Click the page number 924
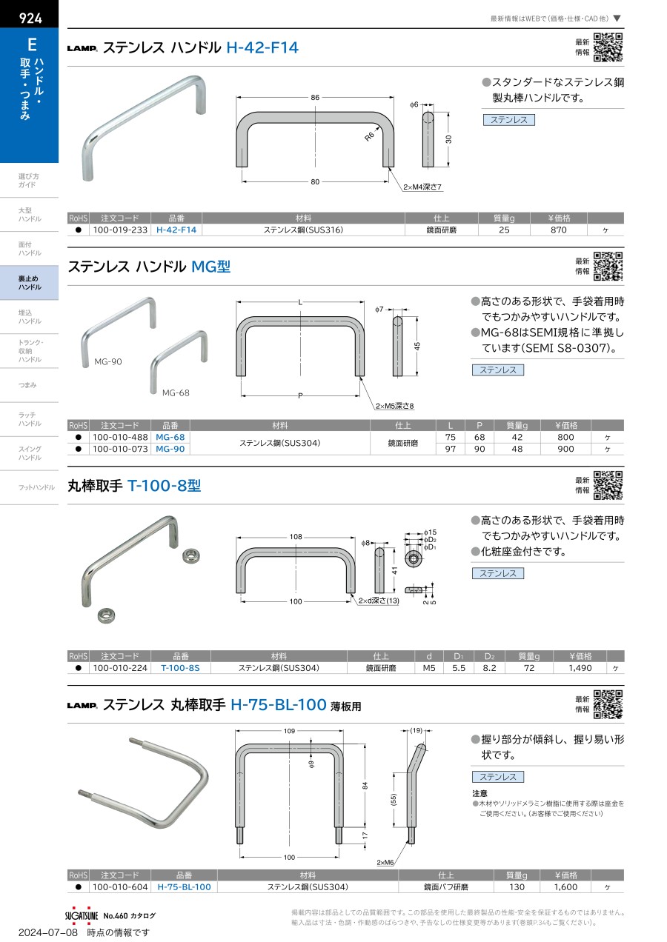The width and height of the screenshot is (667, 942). click(30, 18)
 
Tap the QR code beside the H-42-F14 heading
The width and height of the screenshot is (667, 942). click(608, 47)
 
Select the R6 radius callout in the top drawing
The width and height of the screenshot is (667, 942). click(369, 136)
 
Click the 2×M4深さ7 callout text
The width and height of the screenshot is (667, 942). click(422, 187)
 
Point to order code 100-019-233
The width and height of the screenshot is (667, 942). click(120, 230)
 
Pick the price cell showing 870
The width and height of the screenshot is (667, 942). click(559, 230)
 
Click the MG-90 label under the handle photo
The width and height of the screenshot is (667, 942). click(108, 361)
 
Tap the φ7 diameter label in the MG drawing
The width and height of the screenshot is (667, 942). click(379, 310)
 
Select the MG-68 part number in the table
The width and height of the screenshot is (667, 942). click(170, 438)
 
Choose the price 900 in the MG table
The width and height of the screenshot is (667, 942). click(565, 449)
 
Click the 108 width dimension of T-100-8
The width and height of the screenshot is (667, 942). click(296, 537)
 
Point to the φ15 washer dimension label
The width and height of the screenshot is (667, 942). click(430, 532)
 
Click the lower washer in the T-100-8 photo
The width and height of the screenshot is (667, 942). click(107, 615)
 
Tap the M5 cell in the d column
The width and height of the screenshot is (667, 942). click(429, 668)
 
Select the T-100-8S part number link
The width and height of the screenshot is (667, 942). click(180, 668)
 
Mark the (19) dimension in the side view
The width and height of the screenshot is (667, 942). click(417, 730)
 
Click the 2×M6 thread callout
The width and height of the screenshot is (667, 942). click(385, 863)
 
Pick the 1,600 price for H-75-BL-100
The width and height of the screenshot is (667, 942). click(565, 887)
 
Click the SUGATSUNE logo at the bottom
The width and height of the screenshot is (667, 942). click(82, 915)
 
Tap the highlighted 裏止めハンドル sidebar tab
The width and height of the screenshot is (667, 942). click(30, 283)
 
